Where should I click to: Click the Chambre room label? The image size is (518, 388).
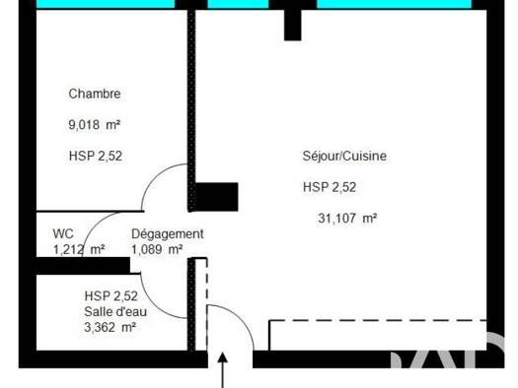pos(95,94)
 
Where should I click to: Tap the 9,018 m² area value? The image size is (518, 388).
pos(94,125)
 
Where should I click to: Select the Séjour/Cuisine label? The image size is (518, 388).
pos(344,156)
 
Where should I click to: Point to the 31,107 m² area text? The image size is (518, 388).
pos(347,219)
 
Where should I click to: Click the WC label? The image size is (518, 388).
pos(63,233)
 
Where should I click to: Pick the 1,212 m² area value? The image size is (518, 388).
pos(79,249)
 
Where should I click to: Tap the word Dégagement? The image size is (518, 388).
pos(168,234)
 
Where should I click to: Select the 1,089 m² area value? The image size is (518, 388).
pos(157,249)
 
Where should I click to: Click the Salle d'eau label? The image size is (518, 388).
pos(115,311)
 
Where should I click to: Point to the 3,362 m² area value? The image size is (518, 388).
pos(111,327)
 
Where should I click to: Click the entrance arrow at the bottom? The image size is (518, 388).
pos(223,370)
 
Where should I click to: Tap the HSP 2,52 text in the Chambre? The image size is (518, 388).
pos(96,156)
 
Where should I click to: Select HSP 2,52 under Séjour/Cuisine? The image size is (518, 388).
pos(330,187)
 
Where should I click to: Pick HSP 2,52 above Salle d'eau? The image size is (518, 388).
pos(111,296)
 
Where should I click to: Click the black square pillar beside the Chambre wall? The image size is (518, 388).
pos(217,197)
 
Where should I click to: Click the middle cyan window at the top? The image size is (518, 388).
pos(238,4)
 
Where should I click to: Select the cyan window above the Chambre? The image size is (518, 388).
pos(106,4)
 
